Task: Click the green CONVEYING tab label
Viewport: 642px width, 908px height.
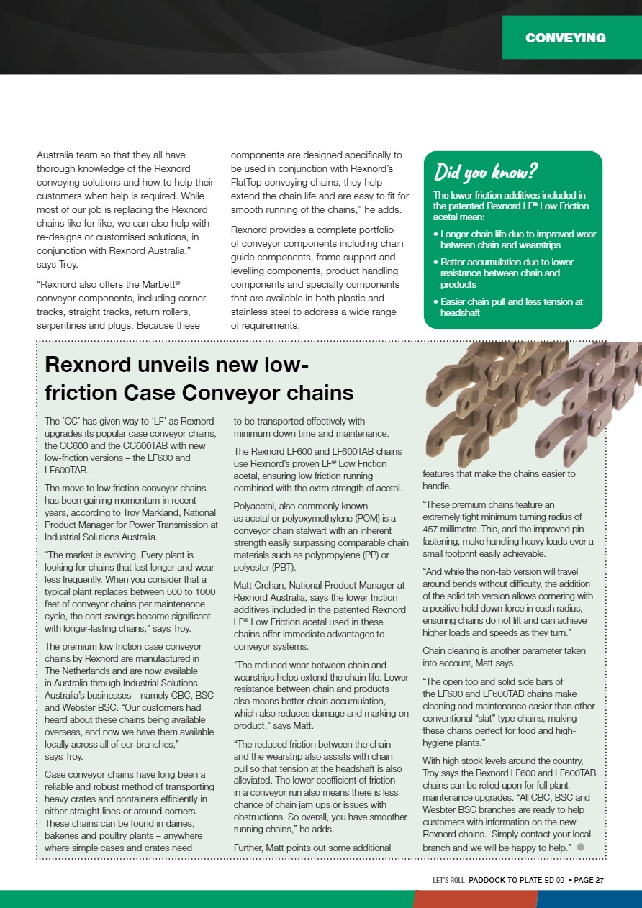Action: click(565, 38)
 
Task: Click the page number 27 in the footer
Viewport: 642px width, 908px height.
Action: click(600, 879)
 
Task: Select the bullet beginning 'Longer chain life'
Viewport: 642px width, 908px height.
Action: click(517, 240)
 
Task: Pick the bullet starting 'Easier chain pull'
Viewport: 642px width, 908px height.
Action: click(512, 307)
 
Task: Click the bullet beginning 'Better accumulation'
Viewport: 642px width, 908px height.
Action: click(507, 273)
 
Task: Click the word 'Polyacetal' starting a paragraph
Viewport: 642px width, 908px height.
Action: click(256, 507)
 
